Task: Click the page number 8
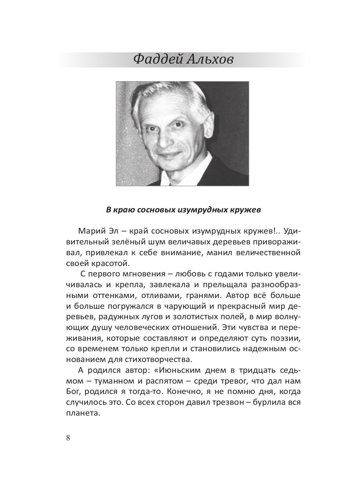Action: point(68,437)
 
